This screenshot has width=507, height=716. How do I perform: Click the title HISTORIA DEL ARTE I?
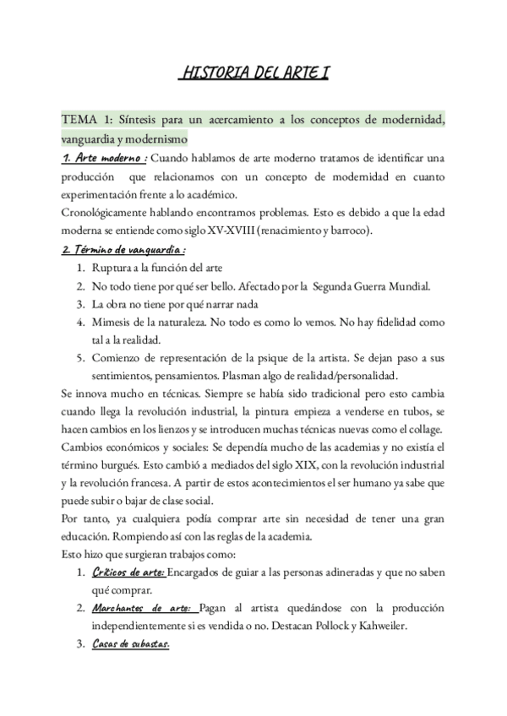(253, 73)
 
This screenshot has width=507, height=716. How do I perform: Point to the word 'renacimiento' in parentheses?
(351, 231)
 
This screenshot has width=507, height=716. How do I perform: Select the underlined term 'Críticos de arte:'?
(128, 573)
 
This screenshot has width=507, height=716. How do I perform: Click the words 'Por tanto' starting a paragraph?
(85, 518)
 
